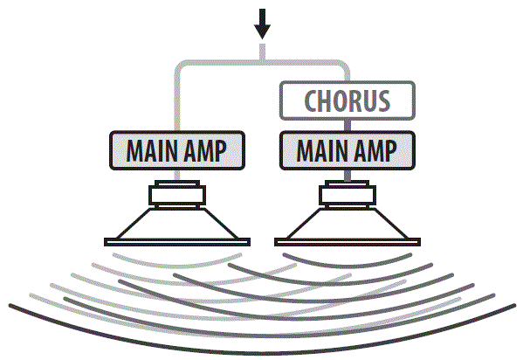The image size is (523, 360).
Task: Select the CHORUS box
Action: pyautogui.click(x=347, y=100)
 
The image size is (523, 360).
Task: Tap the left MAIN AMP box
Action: pyautogui.click(x=177, y=151)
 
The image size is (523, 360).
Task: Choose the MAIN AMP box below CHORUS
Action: pyautogui.click(x=347, y=151)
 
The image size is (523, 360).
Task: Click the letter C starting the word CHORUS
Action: pyautogui.click(x=310, y=100)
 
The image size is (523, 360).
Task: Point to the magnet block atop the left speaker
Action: pyautogui.click(x=177, y=193)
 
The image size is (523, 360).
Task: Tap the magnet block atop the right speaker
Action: pyautogui.click(x=347, y=193)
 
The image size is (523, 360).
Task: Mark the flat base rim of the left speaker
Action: pyautogui.click(x=177, y=241)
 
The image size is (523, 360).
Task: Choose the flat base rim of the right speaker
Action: pyautogui.click(x=347, y=241)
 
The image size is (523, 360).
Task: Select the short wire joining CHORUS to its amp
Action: pyautogui.click(x=347, y=125)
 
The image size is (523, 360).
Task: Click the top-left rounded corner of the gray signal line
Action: pyautogui.click(x=182, y=67)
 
